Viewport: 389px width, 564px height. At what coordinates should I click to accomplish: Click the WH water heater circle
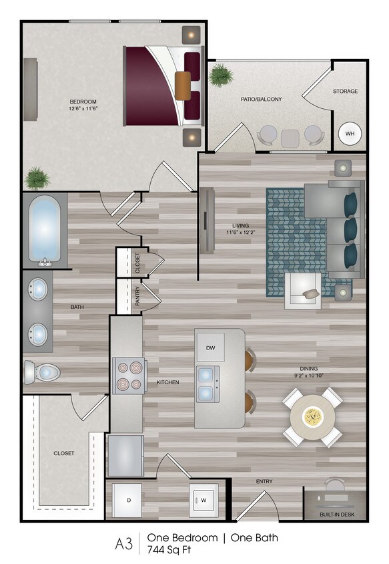click(x=350, y=133)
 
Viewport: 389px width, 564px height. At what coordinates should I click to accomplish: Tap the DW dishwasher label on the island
click(x=210, y=347)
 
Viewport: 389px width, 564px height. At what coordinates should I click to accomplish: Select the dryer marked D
click(x=129, y=500)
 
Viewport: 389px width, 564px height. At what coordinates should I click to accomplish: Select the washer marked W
click(x=204, y=500)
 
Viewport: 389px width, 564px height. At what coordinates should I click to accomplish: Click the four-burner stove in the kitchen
click(x=129, y=376)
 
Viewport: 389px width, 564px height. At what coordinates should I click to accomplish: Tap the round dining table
click(x=312, y=418)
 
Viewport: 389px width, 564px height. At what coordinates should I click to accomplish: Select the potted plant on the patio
click(x=220, y=76)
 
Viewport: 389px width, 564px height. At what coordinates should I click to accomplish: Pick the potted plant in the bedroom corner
click(x=37, y=178)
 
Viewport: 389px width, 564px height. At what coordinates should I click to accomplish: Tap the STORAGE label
click(x=345, y=91)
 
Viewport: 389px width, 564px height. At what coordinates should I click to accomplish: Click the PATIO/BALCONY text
click(x=261, y=99)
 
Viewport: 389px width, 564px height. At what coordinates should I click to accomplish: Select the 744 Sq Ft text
click(x=169, y=549)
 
